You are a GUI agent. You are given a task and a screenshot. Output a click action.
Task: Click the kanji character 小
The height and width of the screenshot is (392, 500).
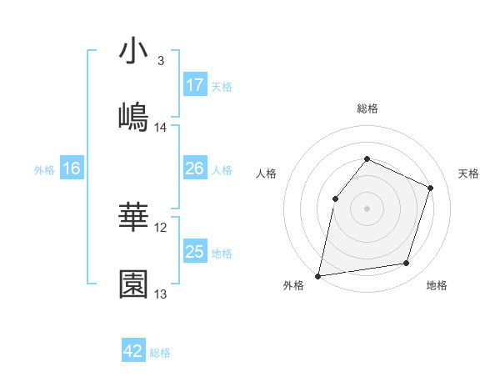point(133,51)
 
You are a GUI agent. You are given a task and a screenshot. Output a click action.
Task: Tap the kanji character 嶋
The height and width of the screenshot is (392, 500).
point(133,117)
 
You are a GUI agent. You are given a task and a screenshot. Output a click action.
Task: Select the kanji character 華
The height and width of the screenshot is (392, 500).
point(133,219)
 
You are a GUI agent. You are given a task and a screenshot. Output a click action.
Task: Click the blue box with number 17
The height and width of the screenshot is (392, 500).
point(194,85)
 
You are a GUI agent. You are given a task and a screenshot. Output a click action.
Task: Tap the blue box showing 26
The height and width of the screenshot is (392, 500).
point(194,168)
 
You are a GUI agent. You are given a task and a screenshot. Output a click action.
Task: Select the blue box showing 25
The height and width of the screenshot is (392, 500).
point(194,252)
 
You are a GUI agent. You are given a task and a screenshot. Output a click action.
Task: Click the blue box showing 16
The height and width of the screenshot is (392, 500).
point(71,168)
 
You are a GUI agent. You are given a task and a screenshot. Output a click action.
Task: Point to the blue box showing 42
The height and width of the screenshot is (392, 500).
point(133,351)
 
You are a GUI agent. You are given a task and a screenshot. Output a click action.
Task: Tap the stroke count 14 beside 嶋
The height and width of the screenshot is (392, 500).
point(161,128)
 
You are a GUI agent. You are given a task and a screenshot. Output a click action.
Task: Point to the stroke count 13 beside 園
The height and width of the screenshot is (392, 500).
point(161,294)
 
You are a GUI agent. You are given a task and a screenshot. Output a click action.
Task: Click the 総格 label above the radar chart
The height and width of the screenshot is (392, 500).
point(367,108)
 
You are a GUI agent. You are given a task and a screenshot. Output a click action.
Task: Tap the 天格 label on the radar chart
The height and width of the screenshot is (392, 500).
point(468,173)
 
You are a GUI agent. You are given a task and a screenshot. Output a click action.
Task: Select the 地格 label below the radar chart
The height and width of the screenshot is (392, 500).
point(437,285)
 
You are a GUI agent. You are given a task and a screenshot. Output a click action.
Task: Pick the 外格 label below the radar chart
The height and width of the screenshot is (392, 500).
point(293,285)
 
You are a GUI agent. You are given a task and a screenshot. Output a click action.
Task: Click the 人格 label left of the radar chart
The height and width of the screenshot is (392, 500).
point(266,173)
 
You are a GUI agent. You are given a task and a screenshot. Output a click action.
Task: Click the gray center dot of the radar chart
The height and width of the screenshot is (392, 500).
point(367,208)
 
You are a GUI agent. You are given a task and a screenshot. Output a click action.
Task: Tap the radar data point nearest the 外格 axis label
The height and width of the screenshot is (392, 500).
point(318,275)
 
